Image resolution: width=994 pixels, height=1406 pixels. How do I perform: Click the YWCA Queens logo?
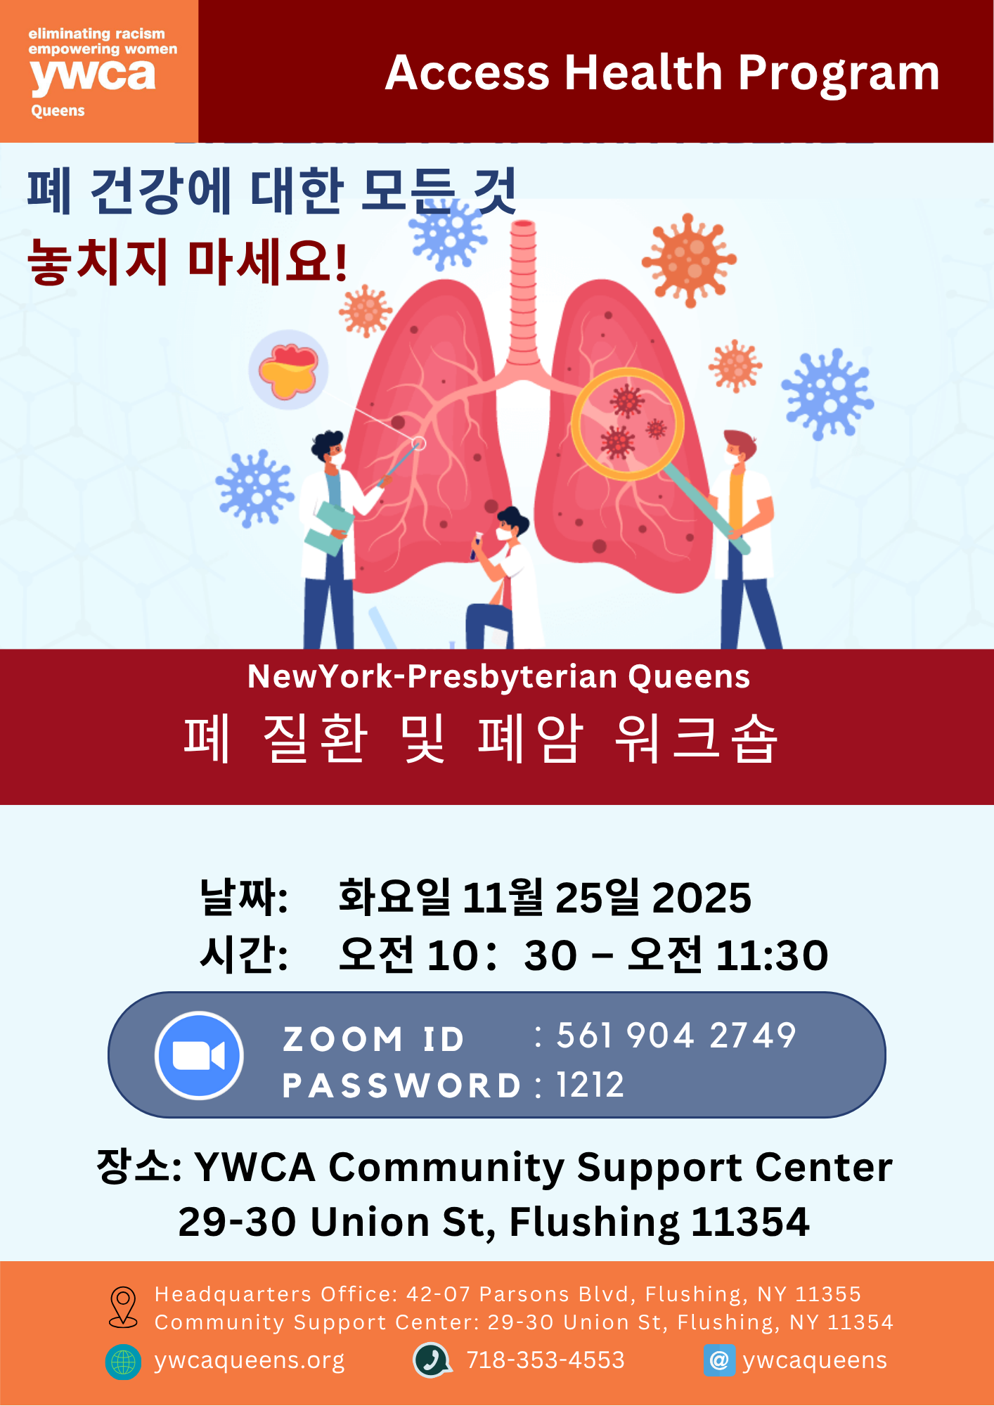[99, 71]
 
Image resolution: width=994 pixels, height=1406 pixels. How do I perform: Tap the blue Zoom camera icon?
[199, 1055]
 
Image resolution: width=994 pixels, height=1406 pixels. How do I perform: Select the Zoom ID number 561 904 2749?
[676, 1036]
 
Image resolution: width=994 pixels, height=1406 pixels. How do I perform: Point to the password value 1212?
[590, 1085]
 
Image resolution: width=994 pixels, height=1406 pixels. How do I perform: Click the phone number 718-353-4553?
[546, 1360]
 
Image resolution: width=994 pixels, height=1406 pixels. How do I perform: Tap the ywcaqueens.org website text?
[250, 1361]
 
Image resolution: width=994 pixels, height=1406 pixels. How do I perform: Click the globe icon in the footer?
[123, 1362]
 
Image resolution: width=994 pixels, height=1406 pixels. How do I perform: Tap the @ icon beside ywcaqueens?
[719, 1360]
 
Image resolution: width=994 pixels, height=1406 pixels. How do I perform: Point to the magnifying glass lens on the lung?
[627, 424]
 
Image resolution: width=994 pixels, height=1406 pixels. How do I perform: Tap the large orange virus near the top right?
[689, 260]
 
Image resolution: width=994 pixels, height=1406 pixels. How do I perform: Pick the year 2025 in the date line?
[702, 898]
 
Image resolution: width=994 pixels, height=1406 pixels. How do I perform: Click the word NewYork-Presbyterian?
[432, 676]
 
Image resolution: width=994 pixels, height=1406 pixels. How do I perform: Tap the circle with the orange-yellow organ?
[288, 370]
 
